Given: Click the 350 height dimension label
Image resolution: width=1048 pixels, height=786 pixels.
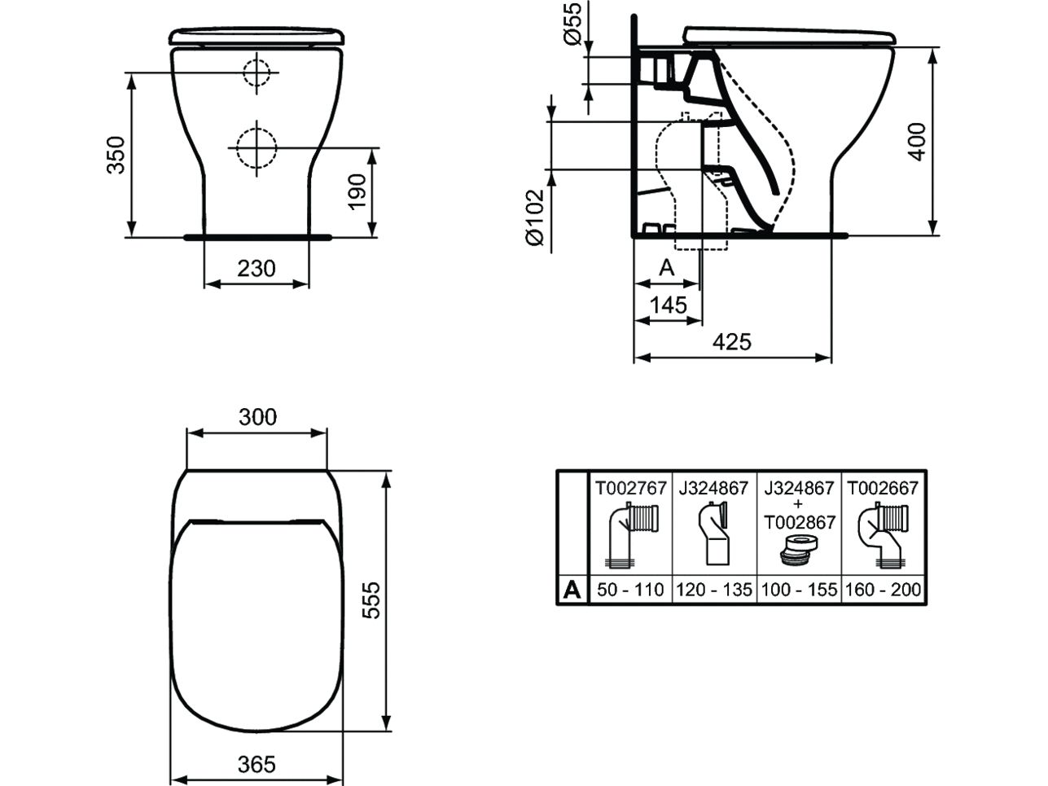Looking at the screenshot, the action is (x=116, y=156).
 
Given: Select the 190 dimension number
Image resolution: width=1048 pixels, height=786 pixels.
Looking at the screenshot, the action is (x=357, y=192).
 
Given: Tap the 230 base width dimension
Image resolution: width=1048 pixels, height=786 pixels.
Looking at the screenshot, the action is (x=257, y=269).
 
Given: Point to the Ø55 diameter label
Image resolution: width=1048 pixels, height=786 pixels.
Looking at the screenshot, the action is (x=572, y=24).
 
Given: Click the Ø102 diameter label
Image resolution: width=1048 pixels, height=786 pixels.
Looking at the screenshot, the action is (x=535, y=217).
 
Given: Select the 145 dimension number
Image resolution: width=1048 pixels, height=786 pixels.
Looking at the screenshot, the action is (x=668, y=305).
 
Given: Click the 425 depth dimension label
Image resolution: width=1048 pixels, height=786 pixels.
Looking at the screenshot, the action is (x=732, y=342).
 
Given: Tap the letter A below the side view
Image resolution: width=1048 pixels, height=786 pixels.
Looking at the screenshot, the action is (x=667, y=268).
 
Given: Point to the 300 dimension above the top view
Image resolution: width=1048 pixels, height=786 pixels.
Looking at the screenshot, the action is (x=257, y=417).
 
